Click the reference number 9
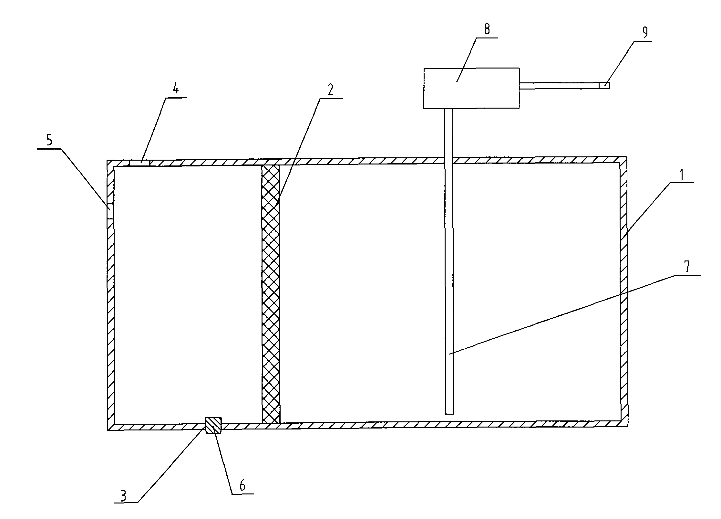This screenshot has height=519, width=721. point(635,32)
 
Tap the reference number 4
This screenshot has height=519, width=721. point(175,89)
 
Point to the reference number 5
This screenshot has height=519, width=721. point(49,141)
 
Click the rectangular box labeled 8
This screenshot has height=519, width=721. point(471,88)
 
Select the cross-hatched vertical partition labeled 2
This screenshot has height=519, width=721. point(271,294)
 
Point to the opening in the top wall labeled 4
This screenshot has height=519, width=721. point(139,163)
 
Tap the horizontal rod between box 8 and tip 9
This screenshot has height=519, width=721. point(559,86)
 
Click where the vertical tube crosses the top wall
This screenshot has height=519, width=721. point(448,161)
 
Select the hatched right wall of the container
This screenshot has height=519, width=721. point(623,291)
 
